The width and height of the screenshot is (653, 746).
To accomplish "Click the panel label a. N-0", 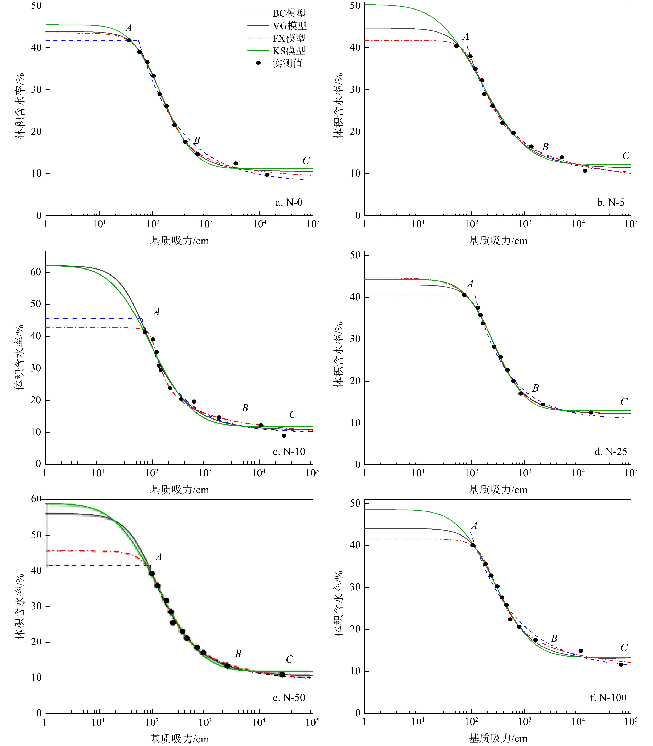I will (289, 202).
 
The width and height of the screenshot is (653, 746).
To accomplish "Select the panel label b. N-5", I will (611, 202).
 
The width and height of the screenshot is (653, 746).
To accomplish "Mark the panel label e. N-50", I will (289, 698).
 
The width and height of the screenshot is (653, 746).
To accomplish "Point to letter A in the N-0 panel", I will (129, 28).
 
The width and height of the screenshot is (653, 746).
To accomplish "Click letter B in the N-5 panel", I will (545, 147).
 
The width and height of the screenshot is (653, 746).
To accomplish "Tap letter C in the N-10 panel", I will (293, 414).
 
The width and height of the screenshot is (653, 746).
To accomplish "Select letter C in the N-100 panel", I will (624, 648).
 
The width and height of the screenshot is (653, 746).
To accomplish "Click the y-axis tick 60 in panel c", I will (36, 272).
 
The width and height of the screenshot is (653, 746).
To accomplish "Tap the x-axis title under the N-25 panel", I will (498, 490).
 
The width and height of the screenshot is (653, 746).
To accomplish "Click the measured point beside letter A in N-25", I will (464, 295).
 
